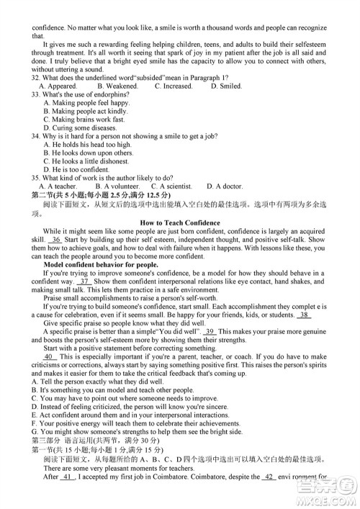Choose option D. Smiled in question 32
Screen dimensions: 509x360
tap(226, 86)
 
